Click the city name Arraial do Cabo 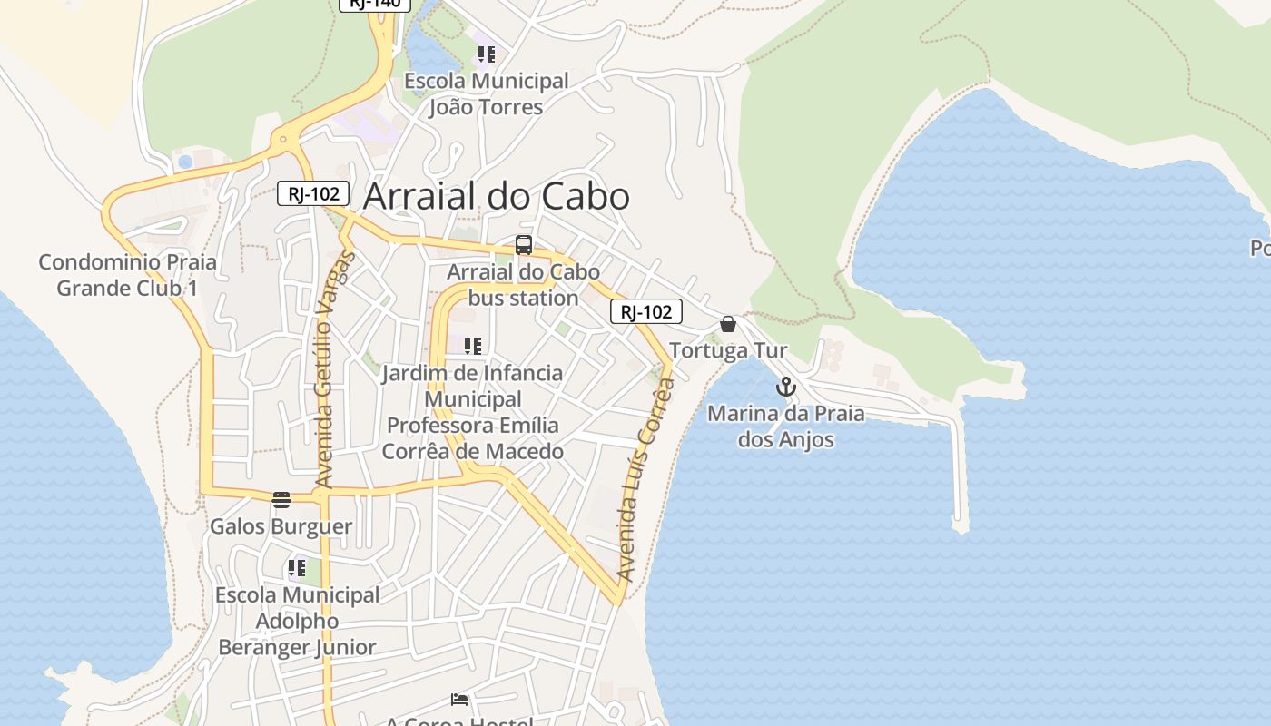[497, 197]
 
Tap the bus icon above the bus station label [524, 244]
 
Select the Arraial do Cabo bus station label [524, 285]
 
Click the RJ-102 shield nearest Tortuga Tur [645, 312]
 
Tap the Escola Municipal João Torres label [486, 93]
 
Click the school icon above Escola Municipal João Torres [487, 54]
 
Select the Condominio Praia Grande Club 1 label [127, 275]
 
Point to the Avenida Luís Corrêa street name [645, 480]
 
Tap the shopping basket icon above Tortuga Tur [728, 324]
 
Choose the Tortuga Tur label [728, 350]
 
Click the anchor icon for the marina [785, 388]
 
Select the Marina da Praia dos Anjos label [785, 427]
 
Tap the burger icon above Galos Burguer [281, 499]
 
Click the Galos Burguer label [281, 526]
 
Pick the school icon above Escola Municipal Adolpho [297, 568]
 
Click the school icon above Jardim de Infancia [472, 346]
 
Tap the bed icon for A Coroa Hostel [460, 700]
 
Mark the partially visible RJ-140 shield [375, 4]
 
